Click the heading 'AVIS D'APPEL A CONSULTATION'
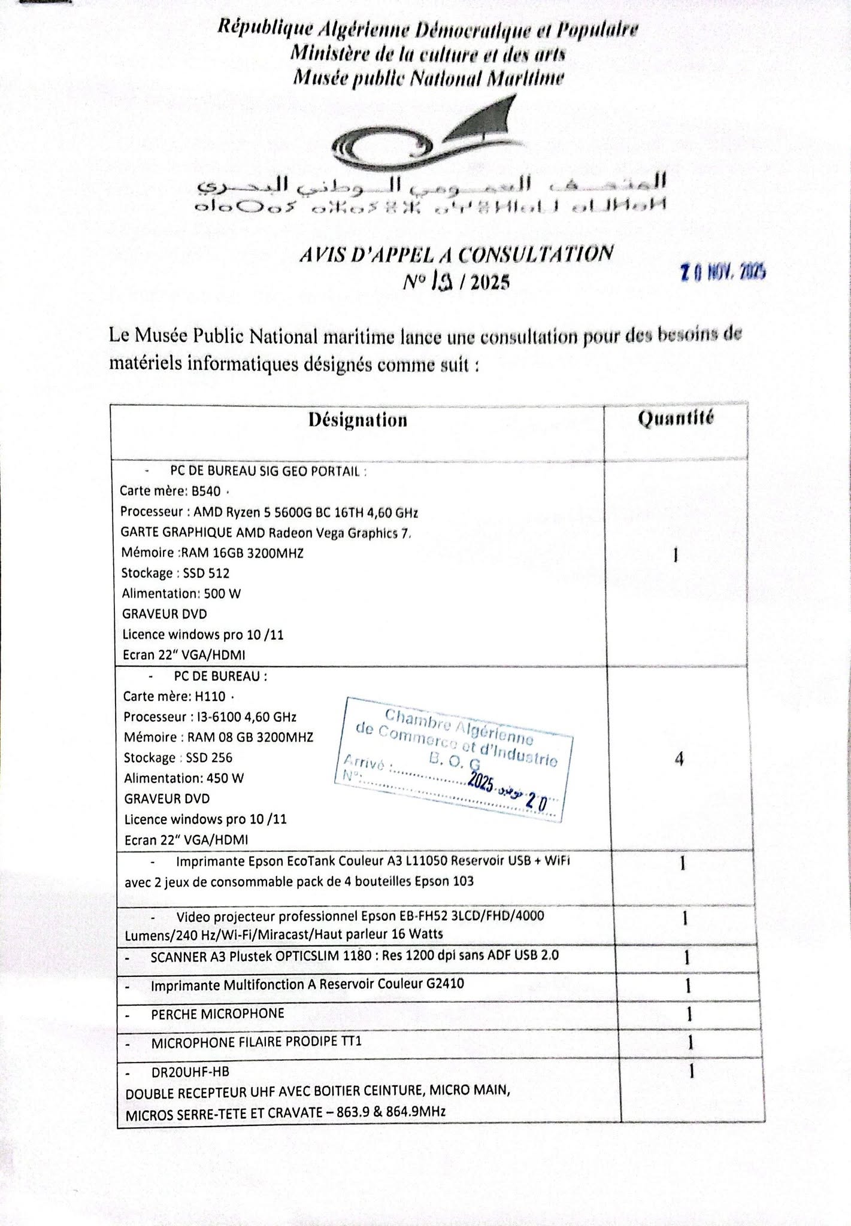point(456,255)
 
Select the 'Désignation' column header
point(358,420)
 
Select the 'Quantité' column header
point(676,418)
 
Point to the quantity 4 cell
point(679,759)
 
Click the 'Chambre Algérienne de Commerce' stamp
point(455,757)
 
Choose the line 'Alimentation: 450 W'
point(184,778)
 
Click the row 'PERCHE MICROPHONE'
point(217,1013)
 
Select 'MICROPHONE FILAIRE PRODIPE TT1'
point(256,1042)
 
